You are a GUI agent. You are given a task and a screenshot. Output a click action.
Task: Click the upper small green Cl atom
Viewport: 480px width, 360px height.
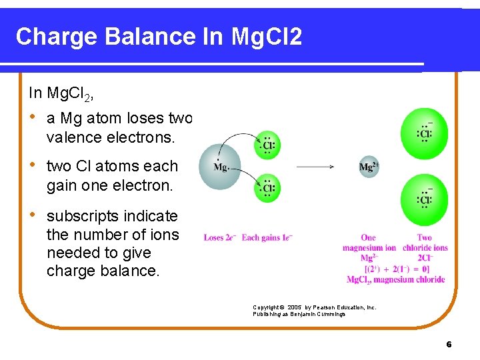coord(268,144)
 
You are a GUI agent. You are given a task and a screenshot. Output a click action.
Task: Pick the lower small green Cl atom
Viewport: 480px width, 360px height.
coord(268,188)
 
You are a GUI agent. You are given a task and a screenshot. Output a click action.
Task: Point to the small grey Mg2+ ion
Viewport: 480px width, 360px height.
coord(369,167)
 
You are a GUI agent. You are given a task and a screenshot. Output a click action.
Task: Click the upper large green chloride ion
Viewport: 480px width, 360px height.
coord(424,133)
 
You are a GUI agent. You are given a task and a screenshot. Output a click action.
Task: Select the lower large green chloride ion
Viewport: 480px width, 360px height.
coord(424,199)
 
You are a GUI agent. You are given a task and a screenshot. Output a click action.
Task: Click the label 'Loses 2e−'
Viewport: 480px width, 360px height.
coord(219,237)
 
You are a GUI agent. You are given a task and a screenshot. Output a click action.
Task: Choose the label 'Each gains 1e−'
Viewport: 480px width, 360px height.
coord(267,237)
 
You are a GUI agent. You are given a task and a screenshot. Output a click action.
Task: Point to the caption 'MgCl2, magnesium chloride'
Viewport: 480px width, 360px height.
coord(395,279)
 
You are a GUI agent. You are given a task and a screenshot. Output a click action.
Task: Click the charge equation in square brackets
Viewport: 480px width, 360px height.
coord(395,269)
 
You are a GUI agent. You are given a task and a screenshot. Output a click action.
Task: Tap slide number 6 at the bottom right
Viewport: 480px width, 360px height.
coord(449,344)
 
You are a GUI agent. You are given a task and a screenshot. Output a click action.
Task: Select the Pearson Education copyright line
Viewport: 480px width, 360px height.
coord(314,307)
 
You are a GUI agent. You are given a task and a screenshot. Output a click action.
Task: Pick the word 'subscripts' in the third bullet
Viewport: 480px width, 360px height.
coord(78,217)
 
